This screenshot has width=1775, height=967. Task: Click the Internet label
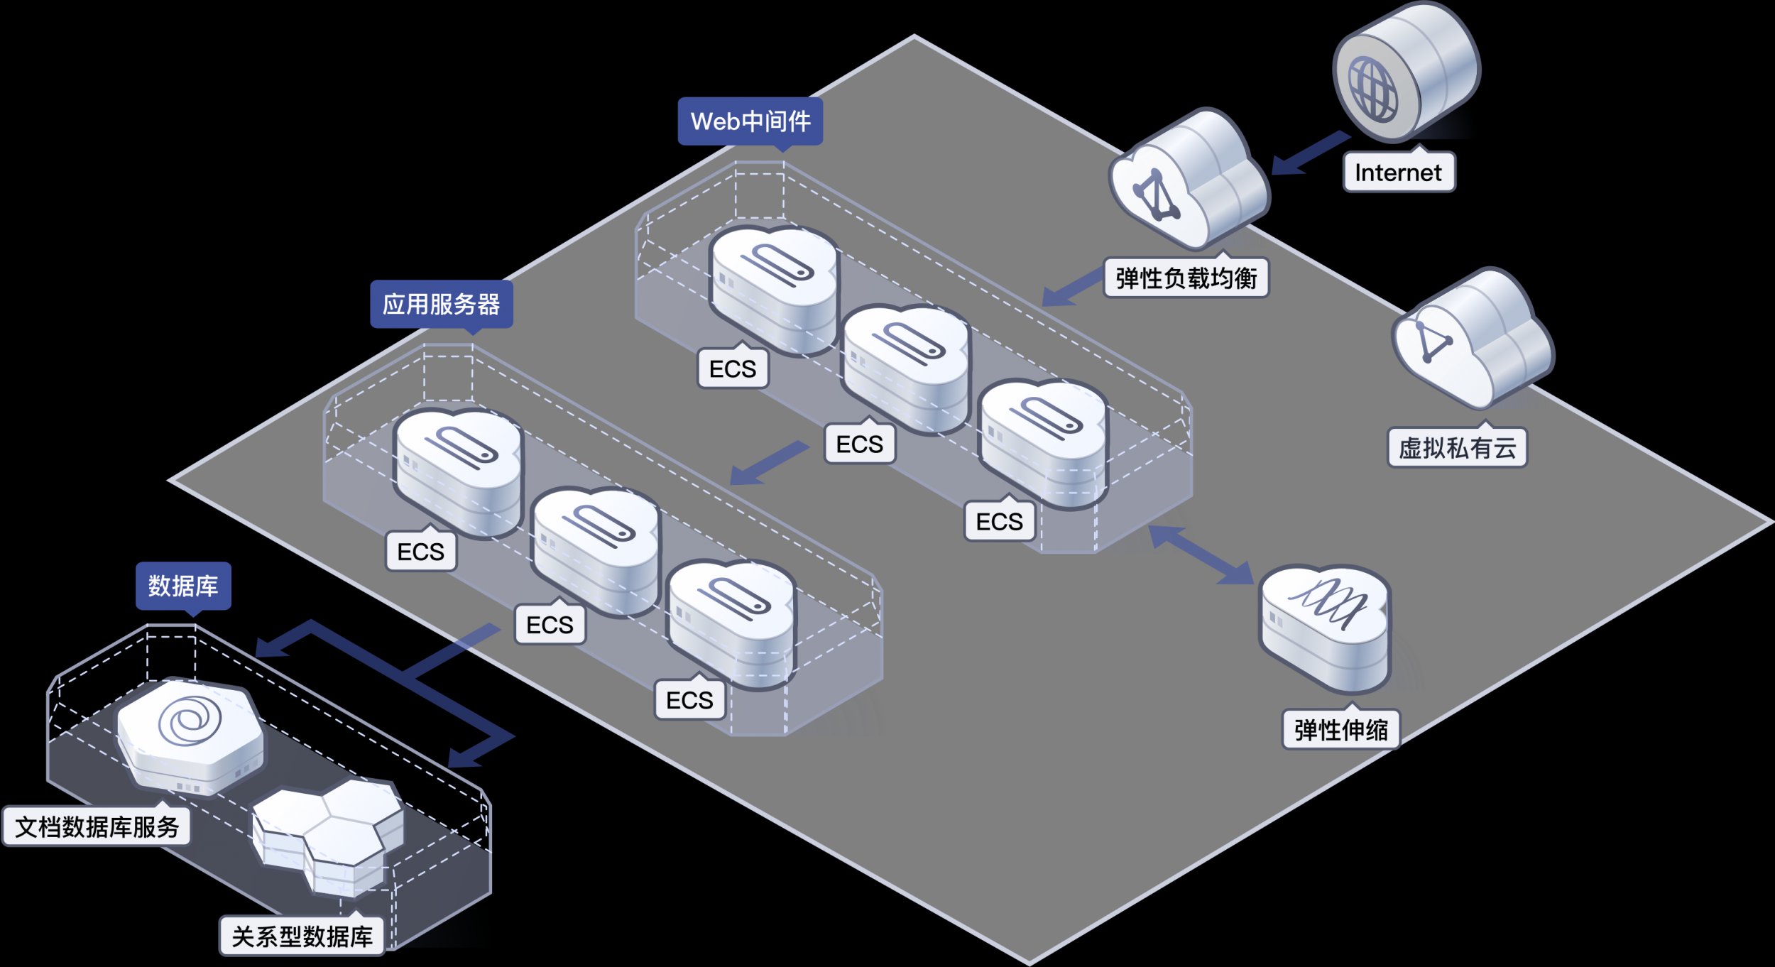[x=1398, y=173]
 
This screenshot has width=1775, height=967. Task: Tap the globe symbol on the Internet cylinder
[x=1372, y=89]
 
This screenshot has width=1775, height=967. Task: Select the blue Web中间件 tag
[x=750, y=121]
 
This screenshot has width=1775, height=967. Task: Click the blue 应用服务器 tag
[x=441, y=305]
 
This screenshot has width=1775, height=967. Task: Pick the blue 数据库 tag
[x=183, y=586]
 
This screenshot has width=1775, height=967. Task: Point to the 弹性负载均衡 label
[x=1186, y=278]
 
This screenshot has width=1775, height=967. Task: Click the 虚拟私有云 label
[x=1457, y=448]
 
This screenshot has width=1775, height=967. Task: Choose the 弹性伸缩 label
[x=1340, y=730]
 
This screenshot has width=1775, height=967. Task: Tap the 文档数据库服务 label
[x=97, y=827]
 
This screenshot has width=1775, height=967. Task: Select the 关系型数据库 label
[x=302, y=936]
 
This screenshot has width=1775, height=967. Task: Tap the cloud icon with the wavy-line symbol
[x=1325, y=625]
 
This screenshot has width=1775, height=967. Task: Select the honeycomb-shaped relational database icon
[x=329, y=834]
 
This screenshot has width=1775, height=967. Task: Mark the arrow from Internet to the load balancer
[x=1309, y=153]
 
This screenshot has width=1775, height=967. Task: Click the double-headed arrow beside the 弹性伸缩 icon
[x=1201, y=555]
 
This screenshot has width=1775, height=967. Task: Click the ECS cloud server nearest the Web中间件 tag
[x=774, y=288]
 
